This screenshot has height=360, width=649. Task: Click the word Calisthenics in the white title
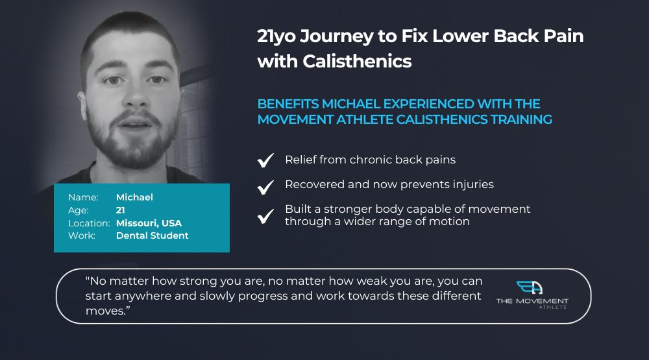tap(357, 61)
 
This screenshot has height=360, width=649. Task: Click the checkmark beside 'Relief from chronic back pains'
tap(265, 161)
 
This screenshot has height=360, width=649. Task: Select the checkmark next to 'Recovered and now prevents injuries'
tap(265, 187)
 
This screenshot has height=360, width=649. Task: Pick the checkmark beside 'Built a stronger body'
tap(265, 216)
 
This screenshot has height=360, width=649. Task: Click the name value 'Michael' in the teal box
tap(134, 197)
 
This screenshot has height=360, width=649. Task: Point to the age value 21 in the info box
tap(121, 210)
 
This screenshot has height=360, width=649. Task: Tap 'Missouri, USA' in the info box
tap(149, 223)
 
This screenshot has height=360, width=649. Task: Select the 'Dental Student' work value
tap(152, 235)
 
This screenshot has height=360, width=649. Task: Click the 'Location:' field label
tap(89, 223)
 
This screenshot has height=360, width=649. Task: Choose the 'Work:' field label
tap(82, 235)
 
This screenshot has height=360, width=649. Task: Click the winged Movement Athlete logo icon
tap(530, 287)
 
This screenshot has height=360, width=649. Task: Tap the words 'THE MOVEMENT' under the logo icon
tap(532, 301)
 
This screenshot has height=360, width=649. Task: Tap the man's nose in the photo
tap(136, 97)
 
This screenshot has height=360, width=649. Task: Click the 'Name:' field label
tap(83, 197)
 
